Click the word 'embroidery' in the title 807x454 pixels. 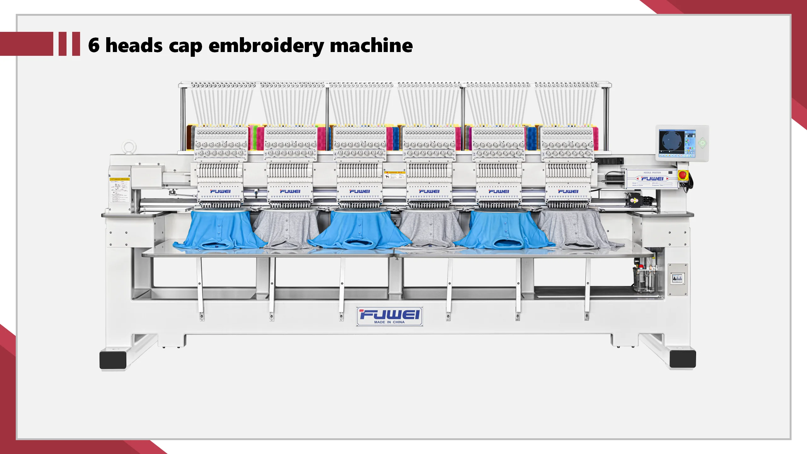pyautogui.click(x=266, y=46)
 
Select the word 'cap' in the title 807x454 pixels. pyautogui.click(x=185, y=47)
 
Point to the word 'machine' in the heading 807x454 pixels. pyautogui.click(x=371, y=45)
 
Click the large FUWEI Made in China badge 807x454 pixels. pyautogui.click(x=390, y=316)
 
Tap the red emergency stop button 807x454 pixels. pyautogui.click(x=682, y=175)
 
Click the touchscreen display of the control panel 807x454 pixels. pyautogui.click(x=677, y=143)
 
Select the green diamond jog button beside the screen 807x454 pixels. pyautogui.click(x=702, y=143)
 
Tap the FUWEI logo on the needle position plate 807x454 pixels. pyautogui.click(x=652, y=178)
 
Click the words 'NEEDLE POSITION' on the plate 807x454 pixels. pyautogui.click(x=652, y=172)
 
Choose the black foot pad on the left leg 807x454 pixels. pyautogui.click(x=113, y=359)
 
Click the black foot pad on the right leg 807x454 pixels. pyautogui.click(x=682, y=359)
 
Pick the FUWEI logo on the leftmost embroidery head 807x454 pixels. pyautogui.click(x=220, y=191)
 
